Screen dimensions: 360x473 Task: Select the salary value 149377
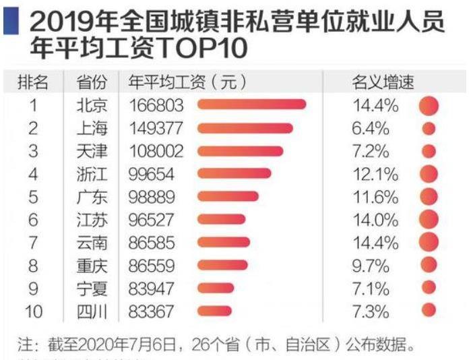point(155,128)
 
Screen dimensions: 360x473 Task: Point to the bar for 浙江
point(234,174)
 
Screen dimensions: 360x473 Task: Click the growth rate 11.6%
point(375,197)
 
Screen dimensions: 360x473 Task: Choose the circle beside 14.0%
point(429,219)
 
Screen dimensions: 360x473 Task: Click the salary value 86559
point(151,266)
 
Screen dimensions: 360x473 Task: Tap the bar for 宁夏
point(216,289)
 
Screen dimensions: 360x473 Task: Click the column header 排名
point(32,82)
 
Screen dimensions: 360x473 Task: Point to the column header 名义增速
point(382,82)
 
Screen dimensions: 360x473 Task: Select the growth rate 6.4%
point(371,128)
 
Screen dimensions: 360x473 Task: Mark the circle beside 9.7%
point(429,265)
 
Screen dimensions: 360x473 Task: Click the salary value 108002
point(155,151)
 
